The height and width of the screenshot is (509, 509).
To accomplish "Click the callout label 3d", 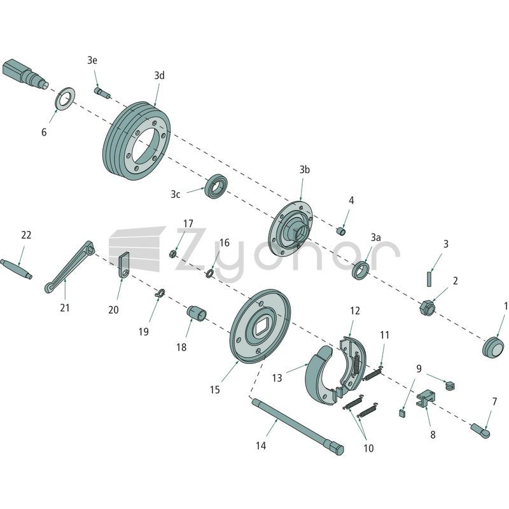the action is coord(159,76).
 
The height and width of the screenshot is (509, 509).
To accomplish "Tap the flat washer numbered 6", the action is coord(65,98).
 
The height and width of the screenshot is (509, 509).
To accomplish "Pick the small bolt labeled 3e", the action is coord(102,92).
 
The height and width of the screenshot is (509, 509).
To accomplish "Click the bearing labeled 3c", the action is coord(216,186).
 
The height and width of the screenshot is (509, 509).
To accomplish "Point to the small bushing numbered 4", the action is coord(341,232).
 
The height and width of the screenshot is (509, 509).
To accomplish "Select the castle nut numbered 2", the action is coord(426,307).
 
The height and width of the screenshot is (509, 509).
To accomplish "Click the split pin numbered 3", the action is coord(429,279).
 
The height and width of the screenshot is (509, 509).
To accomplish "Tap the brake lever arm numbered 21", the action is coord(69,267).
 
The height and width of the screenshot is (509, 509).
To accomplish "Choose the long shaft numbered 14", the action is coord(297,426).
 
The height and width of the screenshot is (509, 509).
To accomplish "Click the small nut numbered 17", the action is coord(173,253).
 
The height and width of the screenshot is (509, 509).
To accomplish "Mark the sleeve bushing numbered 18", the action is coord(197,312).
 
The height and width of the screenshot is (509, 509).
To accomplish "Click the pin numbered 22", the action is coord(16,268).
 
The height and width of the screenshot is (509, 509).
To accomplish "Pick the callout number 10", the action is coord(368,449).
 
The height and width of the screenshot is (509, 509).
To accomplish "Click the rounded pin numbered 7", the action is coord(480,431).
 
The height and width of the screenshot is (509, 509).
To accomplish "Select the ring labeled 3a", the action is coord(361,270).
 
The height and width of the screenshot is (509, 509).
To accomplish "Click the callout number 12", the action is coord(355,311).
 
